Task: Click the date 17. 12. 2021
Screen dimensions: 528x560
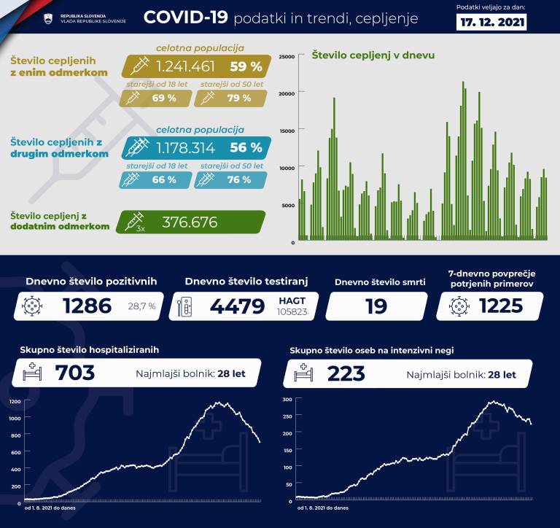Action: (493, 23)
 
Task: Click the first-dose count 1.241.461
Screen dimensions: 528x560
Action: (185, 66)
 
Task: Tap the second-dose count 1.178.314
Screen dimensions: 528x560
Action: (185, 148)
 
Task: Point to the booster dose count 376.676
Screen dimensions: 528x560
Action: (190, 222)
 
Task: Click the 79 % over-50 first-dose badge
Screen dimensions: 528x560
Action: (233, 98)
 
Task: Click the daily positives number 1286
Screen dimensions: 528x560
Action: (87, 306)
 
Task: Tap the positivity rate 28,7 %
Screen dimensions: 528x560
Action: (142, 306)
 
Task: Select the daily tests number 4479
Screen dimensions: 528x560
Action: (237, 306)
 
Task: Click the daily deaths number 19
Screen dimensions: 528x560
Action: (376, 306)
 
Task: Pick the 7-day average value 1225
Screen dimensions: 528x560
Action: (501, 306)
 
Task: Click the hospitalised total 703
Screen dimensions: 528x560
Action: (75, 373)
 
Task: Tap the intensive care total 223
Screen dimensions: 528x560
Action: (346, 373)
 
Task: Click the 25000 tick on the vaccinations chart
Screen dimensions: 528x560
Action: (287, 56)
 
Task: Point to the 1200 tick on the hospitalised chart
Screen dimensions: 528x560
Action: (15, 402)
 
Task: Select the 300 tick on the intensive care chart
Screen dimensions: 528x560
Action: (287, 400)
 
